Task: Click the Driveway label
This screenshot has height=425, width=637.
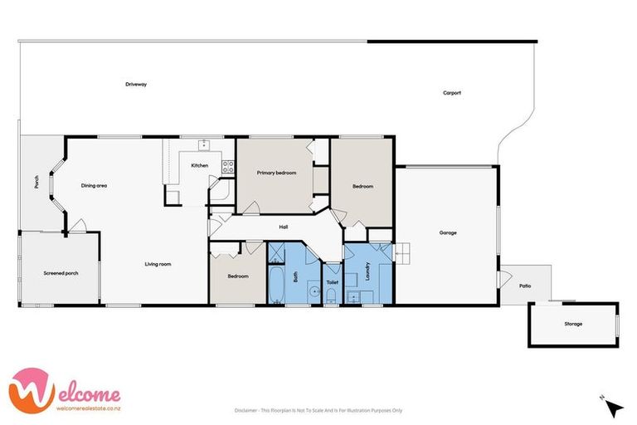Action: pyautogui.click(x=136, y=84)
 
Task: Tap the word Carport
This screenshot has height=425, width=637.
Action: pyautogui.click(x=451, y=92)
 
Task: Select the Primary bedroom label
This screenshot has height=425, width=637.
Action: pyautogui.click(x=276, y=172)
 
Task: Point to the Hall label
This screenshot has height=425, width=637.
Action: pyautogui.click(x=283, y=226)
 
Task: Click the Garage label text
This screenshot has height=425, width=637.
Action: pyautogui.click(x=448, y=232)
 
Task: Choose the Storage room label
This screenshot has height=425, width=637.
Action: pyautogui.click(x=573, y=324)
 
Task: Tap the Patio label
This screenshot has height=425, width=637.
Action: pyautogui.click(x=525, y=286)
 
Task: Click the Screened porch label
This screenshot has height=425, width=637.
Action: pyautogui.click(x=60, y=272)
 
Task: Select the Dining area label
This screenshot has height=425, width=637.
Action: pyautogui.click(x=94, y=185)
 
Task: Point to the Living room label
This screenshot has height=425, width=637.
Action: pyautogui.click(x=158, y=264)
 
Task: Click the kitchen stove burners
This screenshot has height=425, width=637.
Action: pyautogui.click(x=227, y=166)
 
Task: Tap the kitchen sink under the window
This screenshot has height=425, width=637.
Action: pyautogui.click(x=202, y=144)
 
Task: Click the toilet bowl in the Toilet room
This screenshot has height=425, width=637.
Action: pyautogui.click(x=332, y=296)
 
